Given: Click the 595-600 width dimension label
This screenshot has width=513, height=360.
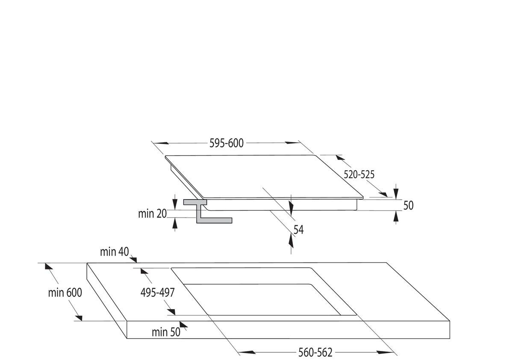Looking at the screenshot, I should (x=226, y=143).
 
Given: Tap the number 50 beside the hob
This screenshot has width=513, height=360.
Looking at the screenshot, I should (x=408, y=206).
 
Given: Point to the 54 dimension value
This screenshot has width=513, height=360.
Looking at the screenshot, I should (x=298, y=230).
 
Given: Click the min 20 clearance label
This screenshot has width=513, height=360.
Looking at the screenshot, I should (x=152, y=214).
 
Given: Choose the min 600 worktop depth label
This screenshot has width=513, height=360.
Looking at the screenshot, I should (x=65, y=293).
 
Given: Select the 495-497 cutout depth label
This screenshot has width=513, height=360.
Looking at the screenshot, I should (x=157, y=292).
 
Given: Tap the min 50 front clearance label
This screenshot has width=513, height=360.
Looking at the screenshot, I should (x=166, y=332).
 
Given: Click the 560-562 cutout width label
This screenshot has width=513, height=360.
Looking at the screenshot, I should (x=315, y=352).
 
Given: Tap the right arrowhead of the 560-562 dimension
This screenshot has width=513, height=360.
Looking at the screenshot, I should (x=385, y=352).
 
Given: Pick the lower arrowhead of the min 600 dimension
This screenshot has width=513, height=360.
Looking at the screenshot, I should (x=78, y=317).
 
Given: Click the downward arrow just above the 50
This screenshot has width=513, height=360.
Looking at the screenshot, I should (x=396, y=191).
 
